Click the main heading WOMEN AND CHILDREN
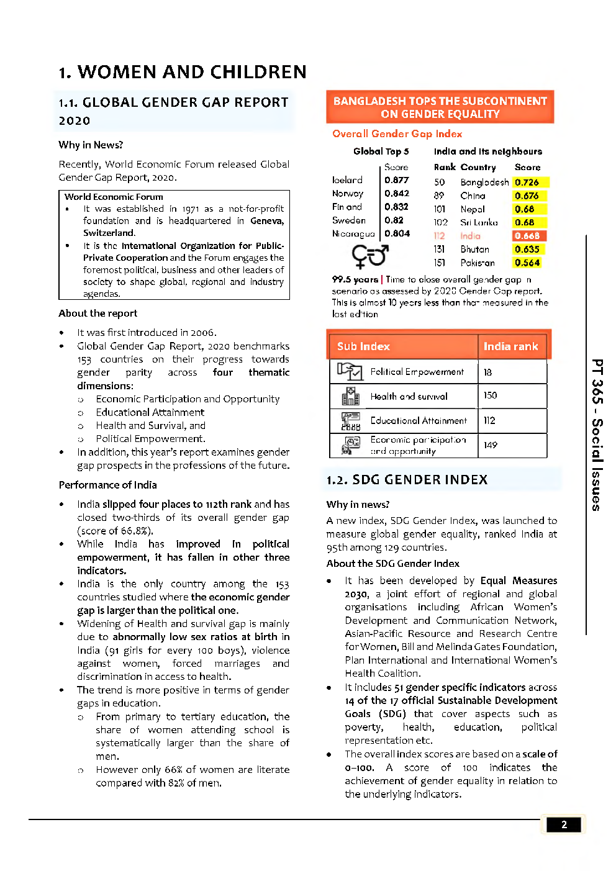point(183,72)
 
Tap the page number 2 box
point(564,824)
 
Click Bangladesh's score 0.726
point(527,183)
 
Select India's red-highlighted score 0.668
point(528,236)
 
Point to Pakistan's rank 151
point(439,263)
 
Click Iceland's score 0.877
point(397,180)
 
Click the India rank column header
point(511,346)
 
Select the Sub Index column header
point(363,346)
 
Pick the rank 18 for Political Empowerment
point(488,372)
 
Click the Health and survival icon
point(350,396)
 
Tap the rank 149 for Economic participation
point(491,445)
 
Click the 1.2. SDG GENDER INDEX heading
point(407,479)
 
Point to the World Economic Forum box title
point(114,197)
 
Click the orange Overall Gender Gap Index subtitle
point(397,133)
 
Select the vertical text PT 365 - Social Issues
point(596,435)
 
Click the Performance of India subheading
point(107,485)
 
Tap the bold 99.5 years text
point(355,279)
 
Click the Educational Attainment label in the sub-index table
point(419,420)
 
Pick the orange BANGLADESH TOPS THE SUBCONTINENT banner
point(440,107)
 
